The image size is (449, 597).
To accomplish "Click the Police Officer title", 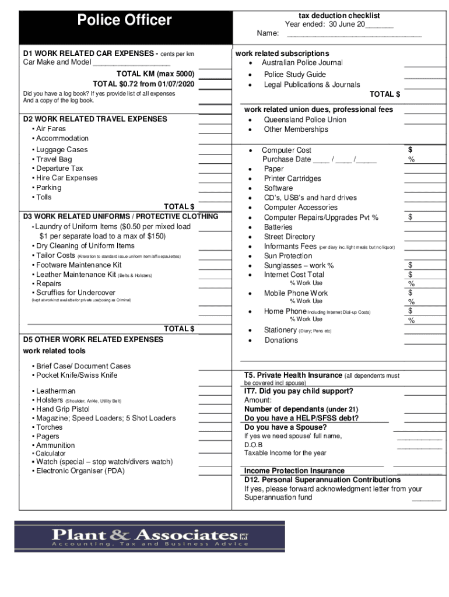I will coord(125,20).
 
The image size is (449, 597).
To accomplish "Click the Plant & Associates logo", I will coord(150,536).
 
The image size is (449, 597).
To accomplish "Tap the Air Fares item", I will coord(51,129).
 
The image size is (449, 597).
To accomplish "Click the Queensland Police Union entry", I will coord(304,120).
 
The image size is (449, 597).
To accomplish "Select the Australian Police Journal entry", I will coord(302,63).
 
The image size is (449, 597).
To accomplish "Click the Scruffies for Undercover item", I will coord(76,293).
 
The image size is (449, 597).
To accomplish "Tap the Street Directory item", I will coord(289,237).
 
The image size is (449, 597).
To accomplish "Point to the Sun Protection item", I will coord(288,256).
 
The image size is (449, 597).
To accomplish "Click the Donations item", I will coord(280,340).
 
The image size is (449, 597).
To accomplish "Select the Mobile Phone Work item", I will coord(296,293).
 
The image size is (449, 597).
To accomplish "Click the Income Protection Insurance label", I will coord(294,470).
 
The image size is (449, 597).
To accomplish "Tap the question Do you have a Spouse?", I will coord(286,427).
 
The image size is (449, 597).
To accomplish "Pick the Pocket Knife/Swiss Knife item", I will coord(76,375).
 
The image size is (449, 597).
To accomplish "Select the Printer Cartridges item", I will coord(292,178).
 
